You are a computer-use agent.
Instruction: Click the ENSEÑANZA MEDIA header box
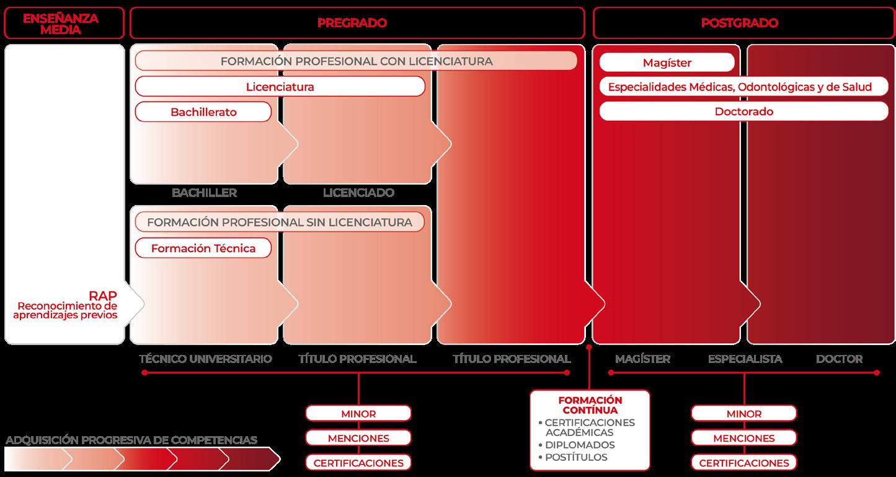(x=61, y=23)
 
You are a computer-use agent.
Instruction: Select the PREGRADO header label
(x=352, y=23)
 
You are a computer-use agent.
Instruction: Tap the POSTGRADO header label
(x=740, y=23)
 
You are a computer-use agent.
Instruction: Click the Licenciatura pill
(x=280, y=87)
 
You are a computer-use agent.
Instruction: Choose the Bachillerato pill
(x=203, y=112)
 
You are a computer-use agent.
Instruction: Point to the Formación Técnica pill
(x=203, y=248)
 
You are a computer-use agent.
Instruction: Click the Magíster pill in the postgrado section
(x=667, y=63)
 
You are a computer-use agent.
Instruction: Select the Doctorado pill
(x=743, y=112)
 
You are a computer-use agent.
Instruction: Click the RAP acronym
(x=103, y=295)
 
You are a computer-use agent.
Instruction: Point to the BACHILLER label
(x=204, y=193)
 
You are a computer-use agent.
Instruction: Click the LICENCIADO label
(x=358, y=193)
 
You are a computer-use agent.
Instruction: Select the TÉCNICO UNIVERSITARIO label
(x=205, y=359)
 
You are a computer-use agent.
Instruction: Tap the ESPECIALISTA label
(x=745, y=359)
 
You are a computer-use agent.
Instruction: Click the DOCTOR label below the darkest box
(x=839, y=359)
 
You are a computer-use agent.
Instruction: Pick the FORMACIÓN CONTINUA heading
(x=590, y=405)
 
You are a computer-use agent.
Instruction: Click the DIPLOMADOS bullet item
(x=580, y=445)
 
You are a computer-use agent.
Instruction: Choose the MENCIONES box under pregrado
(x=358, y=438)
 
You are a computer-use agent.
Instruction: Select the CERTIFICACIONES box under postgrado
(x=744, y=463)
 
